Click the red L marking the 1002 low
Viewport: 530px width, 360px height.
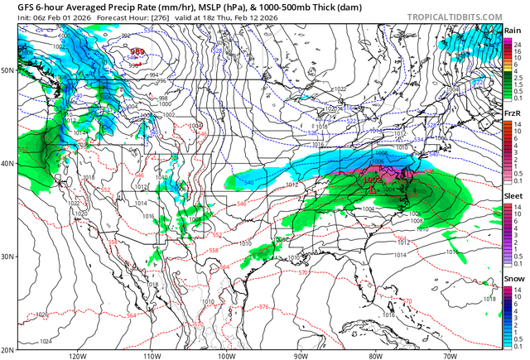(373, 190)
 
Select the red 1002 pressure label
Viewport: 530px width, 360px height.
(373, 180)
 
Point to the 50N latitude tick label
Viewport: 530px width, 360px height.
(8, 70)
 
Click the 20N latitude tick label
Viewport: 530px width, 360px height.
(8, 350)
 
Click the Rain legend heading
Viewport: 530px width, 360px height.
(513, 31)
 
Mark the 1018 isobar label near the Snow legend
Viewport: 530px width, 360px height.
(489, 299)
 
